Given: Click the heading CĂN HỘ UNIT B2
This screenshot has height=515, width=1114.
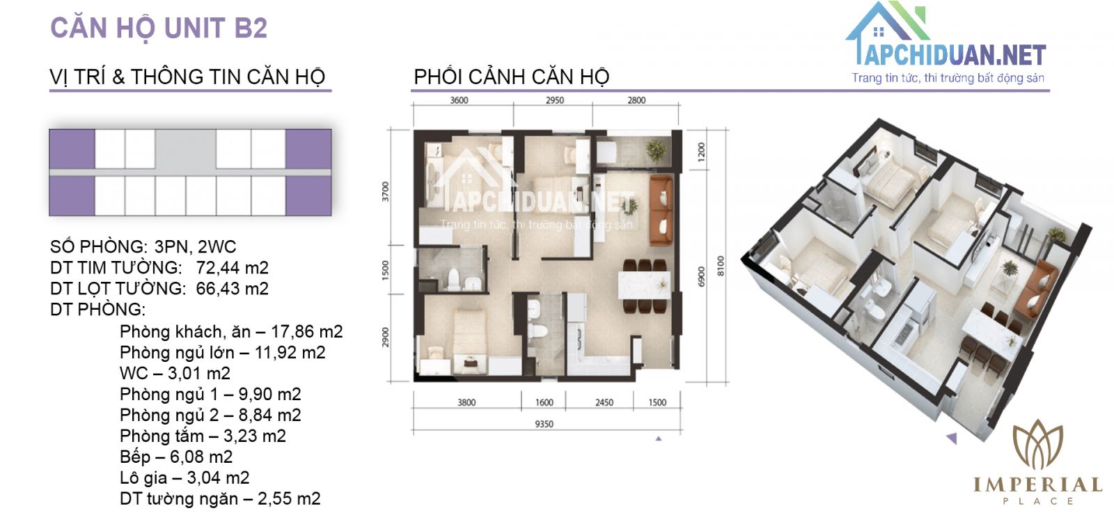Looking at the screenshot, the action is click(x=159, y=28).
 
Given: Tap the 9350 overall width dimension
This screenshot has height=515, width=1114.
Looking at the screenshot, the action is click(x=544, y=424).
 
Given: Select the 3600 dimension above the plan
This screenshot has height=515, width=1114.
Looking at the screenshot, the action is click(x=459, y=100).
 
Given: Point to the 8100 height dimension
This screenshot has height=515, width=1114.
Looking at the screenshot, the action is click(x=721, y=266).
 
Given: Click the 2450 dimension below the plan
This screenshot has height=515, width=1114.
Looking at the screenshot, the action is click(x=604, y=402).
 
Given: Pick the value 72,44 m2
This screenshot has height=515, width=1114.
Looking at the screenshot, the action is click(x=233, y=268).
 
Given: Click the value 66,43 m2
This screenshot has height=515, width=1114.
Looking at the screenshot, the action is click(x=233, y=289).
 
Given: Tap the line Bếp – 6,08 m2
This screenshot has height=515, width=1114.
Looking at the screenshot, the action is click(x=176, y=457).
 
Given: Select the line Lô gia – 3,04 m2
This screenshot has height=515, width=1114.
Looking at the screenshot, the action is click(x=185, y=477).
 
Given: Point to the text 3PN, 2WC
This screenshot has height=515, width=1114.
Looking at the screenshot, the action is click(x=196, y=247).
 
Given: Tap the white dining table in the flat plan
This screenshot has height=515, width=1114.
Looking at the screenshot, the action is click(x=645, y=285).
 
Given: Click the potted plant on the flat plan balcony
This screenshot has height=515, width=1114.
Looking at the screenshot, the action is click(x=655, y=149).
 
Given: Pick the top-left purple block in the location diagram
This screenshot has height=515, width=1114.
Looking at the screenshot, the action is click(x=72, y=149).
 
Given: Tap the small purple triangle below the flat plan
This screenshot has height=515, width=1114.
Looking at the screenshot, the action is click(x=659, y=438).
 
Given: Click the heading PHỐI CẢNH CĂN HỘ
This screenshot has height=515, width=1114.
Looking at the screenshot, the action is click(x=512, y=77).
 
